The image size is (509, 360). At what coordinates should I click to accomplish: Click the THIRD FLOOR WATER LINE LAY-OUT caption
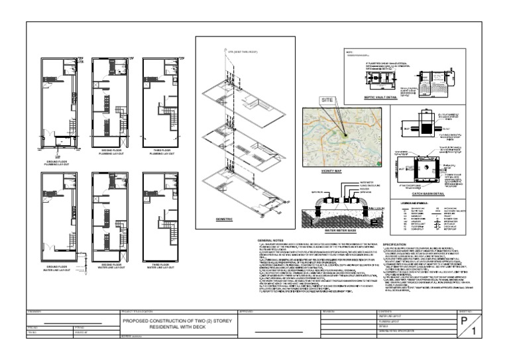(159, 267)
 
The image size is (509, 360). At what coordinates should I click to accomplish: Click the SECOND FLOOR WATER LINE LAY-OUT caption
(109, 267)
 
